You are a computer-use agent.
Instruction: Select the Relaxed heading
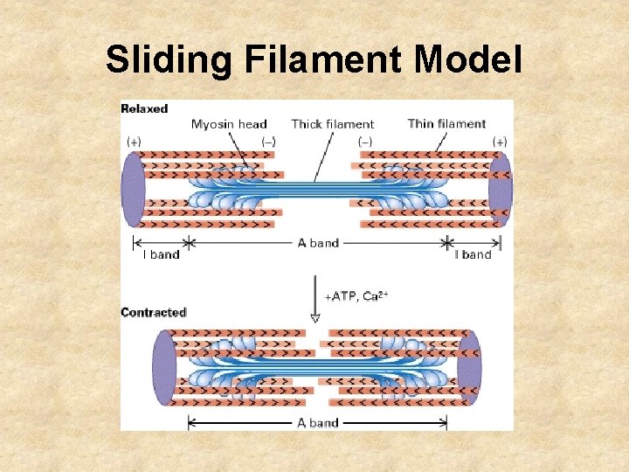pyautogui.click(x=144, y=109)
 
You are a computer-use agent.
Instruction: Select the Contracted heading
pyautogui.click(x=154, y=312)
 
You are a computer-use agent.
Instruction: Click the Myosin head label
pyautogui.click(x=229, y=124)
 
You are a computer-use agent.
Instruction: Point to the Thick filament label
pyautogui.click(x=332, y=124)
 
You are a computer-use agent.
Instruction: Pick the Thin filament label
pyautogui.click(x=446, y=123)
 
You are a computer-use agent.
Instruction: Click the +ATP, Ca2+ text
pyautogui.click(x=356, y=296)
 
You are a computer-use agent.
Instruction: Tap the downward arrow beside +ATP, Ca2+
pyautogui.click(x=315, y=302)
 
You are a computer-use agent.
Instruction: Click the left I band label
pyautogui.click(x=161, y=255)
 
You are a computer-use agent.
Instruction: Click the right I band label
pyautogui.click(x=473, y=255)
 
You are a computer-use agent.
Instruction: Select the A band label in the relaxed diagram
pyautogui.click(x=319, y=243)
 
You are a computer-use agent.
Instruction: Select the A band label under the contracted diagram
pyautogui.click(x=318, y=423)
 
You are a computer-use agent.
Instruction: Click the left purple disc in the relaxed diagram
pyautogui.click(x=133, y=189)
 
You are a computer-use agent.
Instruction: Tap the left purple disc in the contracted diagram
pyautogui.click(x=163, y=367)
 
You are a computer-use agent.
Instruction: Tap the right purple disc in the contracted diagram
pyautogui.click(x=469, y=367)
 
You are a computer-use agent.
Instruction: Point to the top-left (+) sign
pyautogui.click(x=135, y=141)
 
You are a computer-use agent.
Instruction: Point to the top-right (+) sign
pyautogui.click(x=500, y=141)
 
